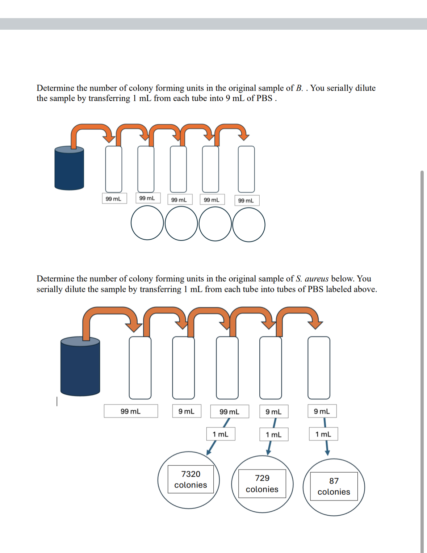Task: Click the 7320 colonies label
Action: (191, 479)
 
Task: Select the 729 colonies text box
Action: (262, 483)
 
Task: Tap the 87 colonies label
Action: (334, 486)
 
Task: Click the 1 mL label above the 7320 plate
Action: (221, 434)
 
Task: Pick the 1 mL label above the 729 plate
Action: (274, 435)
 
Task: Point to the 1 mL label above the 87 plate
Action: (323, 434)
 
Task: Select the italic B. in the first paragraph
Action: (299, 88)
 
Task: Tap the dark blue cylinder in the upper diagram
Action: (69, 169)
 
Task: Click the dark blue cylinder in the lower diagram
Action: (80, 368)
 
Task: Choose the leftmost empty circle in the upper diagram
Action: (147, 223)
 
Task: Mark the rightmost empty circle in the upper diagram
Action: (249, 225)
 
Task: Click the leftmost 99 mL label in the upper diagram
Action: (114, 199)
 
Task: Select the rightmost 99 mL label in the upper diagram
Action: (246, 201)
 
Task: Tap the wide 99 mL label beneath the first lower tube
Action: (131, 411)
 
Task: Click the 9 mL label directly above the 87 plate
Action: (322, 411)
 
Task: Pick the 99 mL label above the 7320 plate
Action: (229, 412)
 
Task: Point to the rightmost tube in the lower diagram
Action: (319, 368)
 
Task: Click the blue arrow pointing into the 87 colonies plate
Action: (326, 448)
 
